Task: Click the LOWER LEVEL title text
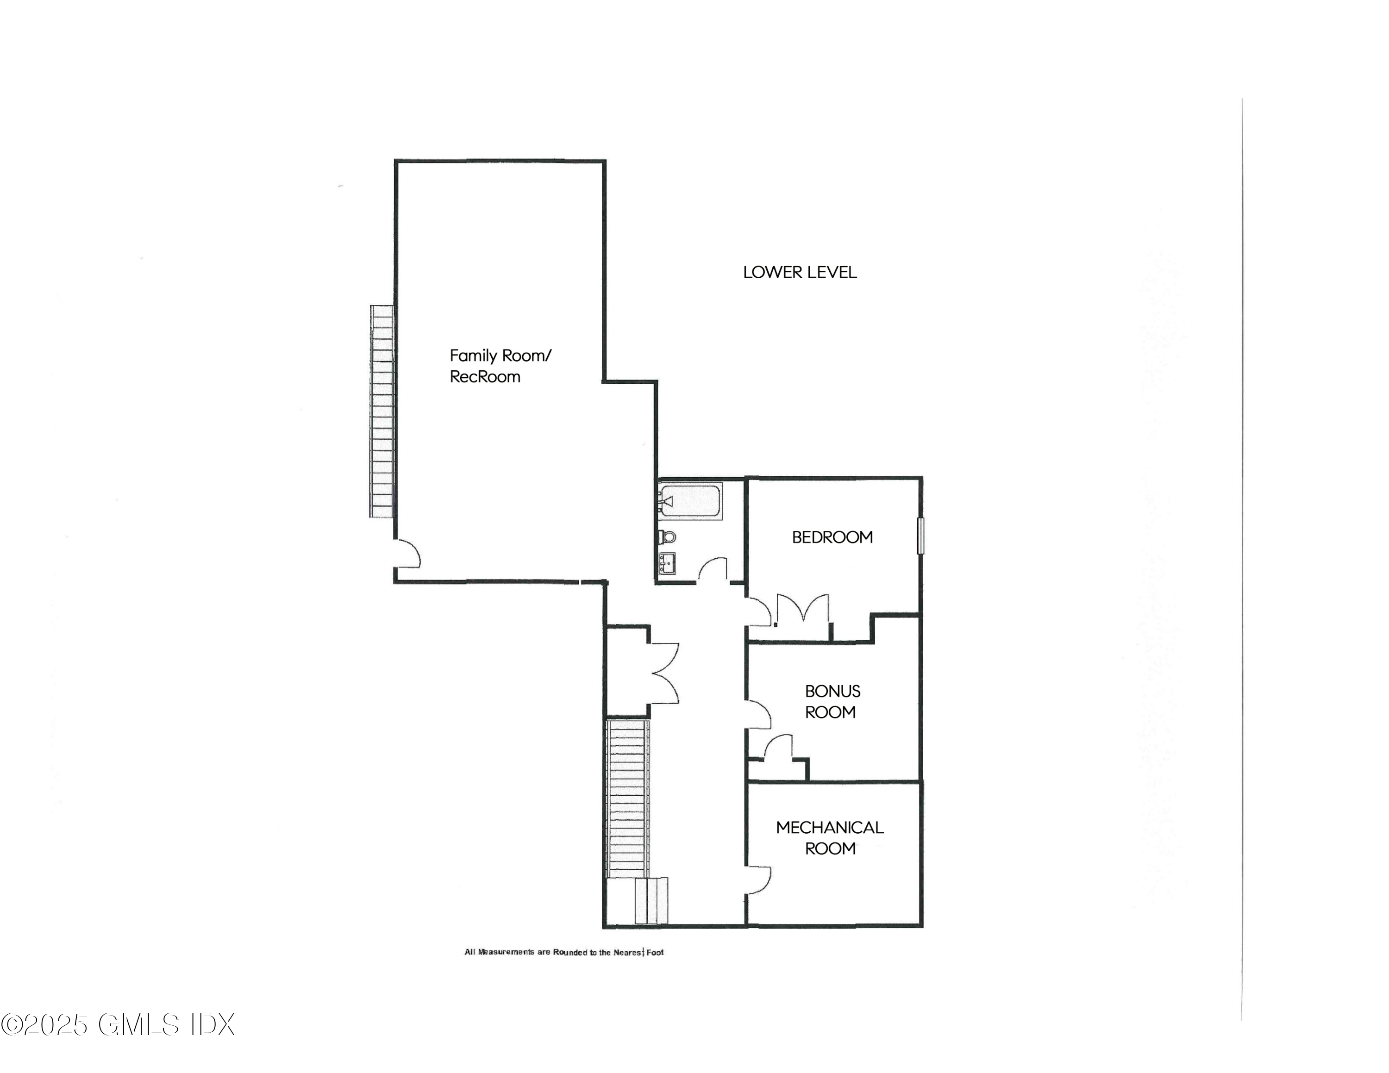pos(800,272)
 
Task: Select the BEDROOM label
pos(832,537)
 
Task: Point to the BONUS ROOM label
pos(832,701)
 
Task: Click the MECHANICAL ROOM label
pos(829,838)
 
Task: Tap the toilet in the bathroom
pos(667,536)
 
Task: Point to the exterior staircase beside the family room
pos(382,411)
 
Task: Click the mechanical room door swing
pos(759,880)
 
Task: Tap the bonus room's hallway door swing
pos(759,714)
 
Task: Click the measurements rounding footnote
pos(563,952)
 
